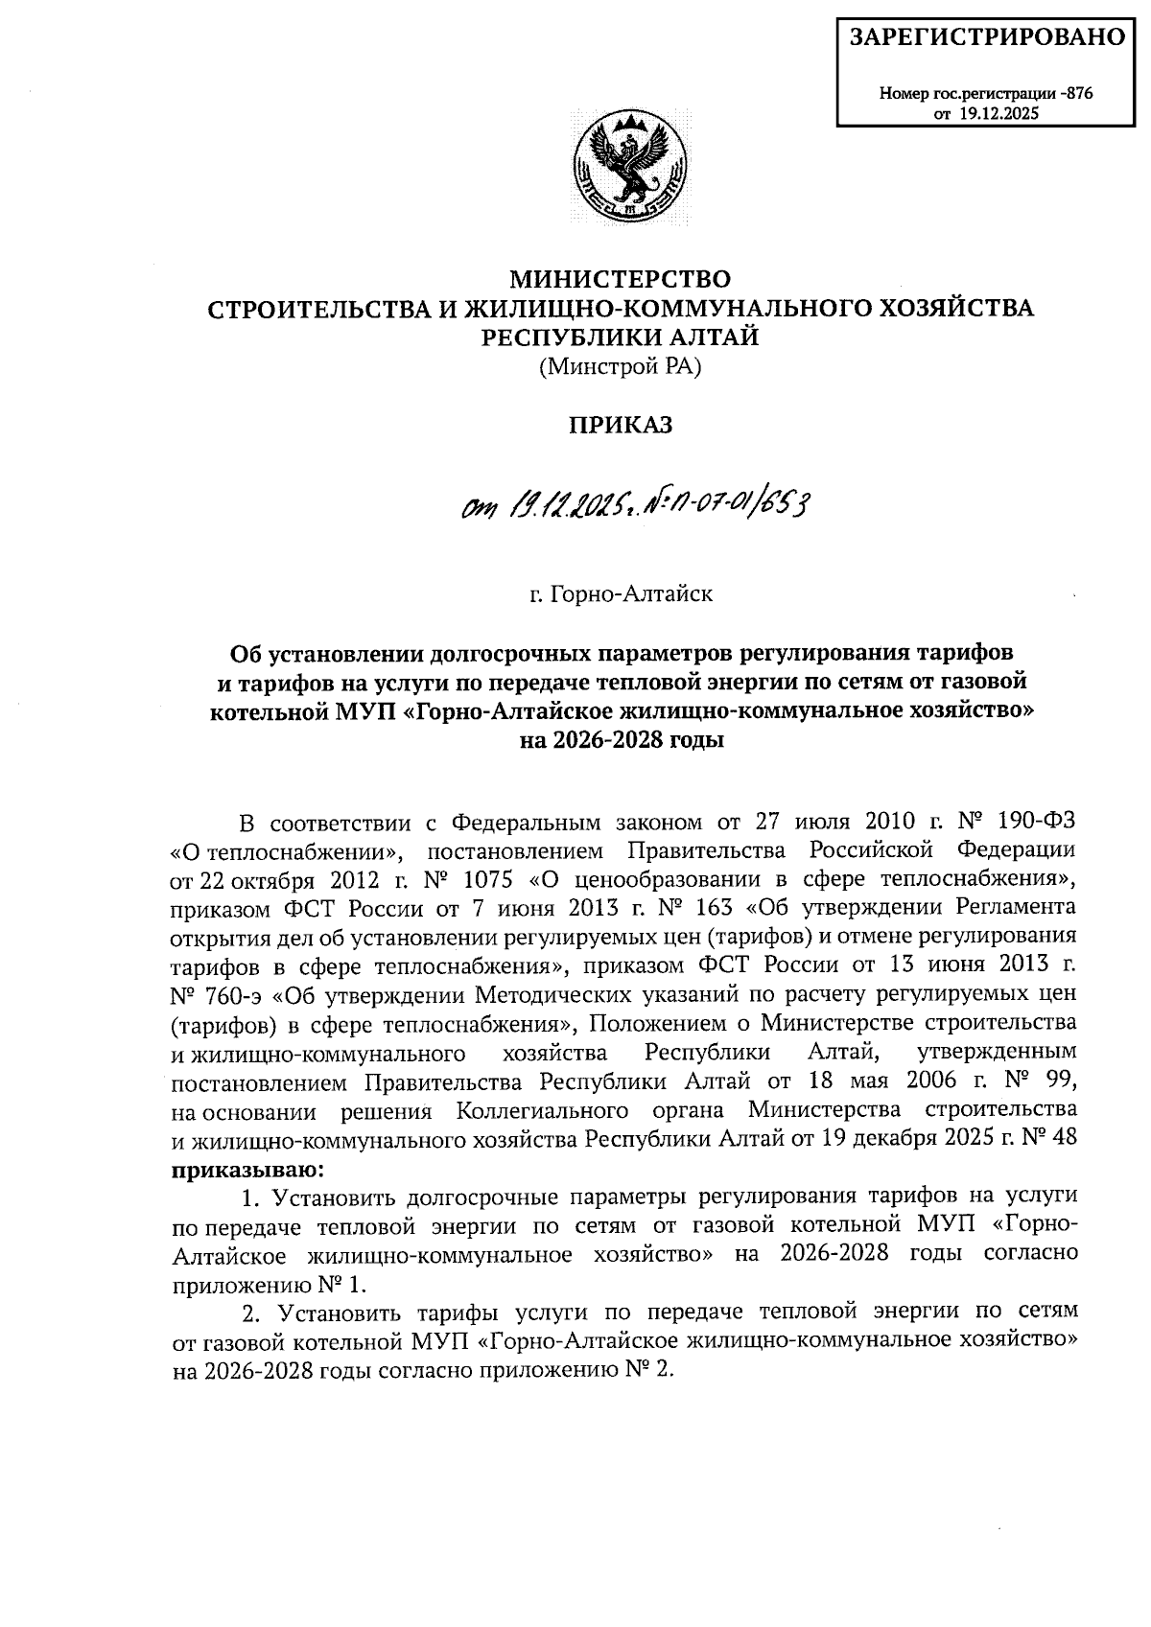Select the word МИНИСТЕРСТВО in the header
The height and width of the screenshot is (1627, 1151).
click(x=620, y=280)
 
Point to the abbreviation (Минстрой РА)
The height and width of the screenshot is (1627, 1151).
click(x=620, y=366)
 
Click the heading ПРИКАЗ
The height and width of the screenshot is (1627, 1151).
click(x=620, y=426)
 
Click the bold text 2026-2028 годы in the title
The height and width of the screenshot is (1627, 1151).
click(x=620, y=740)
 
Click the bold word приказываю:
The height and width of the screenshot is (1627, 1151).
click(x=247, y=1169)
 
